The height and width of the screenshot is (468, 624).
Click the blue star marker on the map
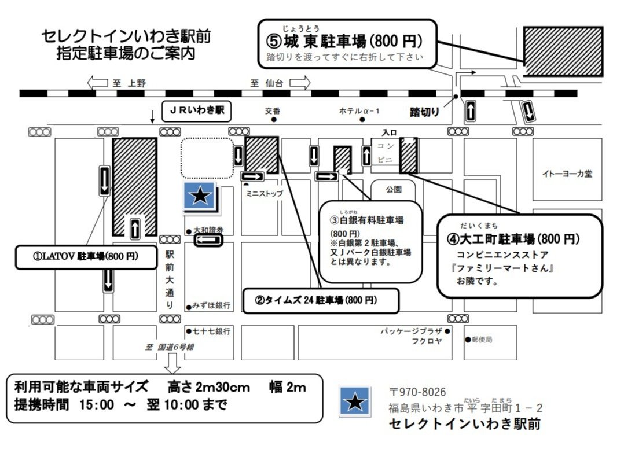tap(200, 196)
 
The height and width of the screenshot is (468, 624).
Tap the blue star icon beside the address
tap(355, 401)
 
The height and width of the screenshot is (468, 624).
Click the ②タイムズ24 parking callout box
tap(320, 301)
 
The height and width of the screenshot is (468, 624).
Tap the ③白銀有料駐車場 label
tap(367, 220)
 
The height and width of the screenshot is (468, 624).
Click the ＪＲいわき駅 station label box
tap(196, 109)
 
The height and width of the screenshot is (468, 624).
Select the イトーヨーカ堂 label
tap(567, 174)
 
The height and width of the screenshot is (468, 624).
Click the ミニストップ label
tap(265, 194)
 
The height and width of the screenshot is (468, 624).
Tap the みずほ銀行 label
tap(212, 305)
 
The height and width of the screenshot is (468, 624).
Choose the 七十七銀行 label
tap(212, 331)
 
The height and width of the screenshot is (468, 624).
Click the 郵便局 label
tap(482, 340)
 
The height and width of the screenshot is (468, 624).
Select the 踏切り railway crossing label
tap(425, 112)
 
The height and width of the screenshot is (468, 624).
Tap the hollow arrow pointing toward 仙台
tap(299, 83)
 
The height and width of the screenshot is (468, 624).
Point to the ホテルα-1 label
tap(359, 111)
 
